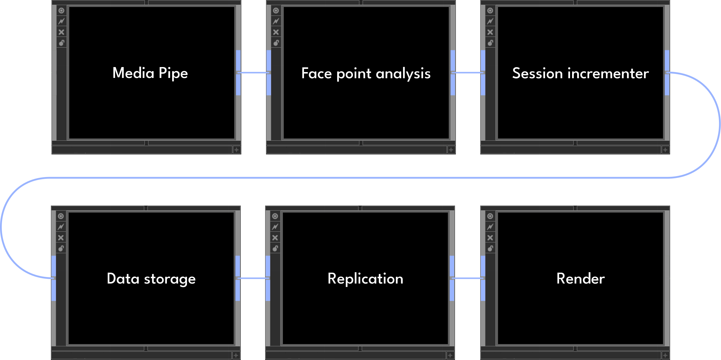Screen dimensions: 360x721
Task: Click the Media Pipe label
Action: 150,73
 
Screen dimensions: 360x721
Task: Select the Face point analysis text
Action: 366,73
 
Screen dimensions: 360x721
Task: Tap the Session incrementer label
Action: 580,73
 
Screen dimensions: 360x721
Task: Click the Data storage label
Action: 151,279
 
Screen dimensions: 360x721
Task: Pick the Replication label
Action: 365,279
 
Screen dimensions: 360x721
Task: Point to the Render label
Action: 580,279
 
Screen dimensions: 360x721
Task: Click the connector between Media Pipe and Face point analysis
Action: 253,72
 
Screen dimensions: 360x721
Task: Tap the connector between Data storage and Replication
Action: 253,278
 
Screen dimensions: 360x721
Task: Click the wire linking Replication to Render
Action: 467,278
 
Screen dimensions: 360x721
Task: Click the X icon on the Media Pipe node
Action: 61,32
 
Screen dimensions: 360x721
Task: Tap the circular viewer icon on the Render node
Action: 490,216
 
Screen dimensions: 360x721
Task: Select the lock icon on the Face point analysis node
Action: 276,43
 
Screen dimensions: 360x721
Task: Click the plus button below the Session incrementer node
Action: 665,150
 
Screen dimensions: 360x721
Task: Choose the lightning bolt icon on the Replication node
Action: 275,227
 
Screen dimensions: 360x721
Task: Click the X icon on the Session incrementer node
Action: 490,32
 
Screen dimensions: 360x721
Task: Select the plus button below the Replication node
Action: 450,356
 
